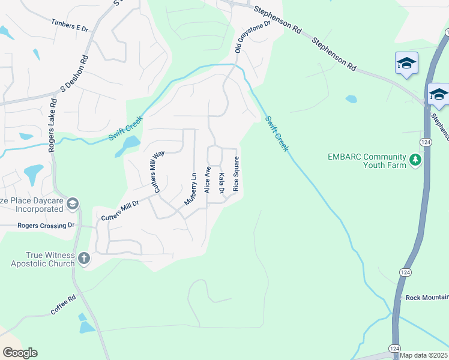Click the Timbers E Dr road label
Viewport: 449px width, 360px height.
[x=70, y=26]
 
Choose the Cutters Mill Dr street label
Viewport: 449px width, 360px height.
[x=120, y=210]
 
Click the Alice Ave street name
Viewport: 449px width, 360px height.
[x=207, y=179]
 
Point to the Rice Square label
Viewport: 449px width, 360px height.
[x=237, y=174]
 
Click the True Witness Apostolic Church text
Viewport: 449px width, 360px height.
[x=43, y=259]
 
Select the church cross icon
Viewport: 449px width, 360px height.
[x=84, y=259]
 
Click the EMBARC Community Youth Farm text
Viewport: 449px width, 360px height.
[x=367, y=161]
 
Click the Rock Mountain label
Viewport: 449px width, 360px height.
[x=427, y=298]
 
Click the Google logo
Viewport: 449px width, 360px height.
[x=20, y=353]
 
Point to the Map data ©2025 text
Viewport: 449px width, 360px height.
[x=423, y=355]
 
